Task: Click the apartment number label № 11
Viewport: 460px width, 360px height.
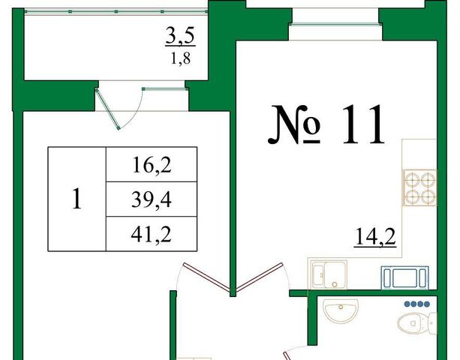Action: coord(326,125)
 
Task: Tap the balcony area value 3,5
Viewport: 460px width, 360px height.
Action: coord(180,36)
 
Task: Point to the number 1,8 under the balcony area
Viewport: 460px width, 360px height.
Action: coord(180,58)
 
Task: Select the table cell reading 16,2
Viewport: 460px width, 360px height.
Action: coord(152,164)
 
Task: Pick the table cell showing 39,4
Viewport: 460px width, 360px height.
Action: coord(152,199)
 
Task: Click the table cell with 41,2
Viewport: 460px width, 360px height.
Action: coord(152,234)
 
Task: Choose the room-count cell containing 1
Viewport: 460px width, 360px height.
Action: coord(77,199)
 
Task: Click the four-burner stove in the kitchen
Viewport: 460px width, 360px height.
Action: coord(419,187)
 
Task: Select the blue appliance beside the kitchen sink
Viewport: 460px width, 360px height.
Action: coord(405,277)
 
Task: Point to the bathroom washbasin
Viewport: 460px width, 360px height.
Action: coord(341,311)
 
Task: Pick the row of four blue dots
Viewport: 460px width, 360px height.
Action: coord(417,304)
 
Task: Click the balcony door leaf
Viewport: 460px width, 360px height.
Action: coord(107,109)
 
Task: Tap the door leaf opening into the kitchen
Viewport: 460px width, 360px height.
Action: coord(260,277)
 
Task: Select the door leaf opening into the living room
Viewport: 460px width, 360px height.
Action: coord(206,277)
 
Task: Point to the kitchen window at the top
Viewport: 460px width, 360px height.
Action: coord(335,25)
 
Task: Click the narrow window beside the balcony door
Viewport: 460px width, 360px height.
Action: coord(165,88)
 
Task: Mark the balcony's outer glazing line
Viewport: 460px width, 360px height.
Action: coord(116,11)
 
